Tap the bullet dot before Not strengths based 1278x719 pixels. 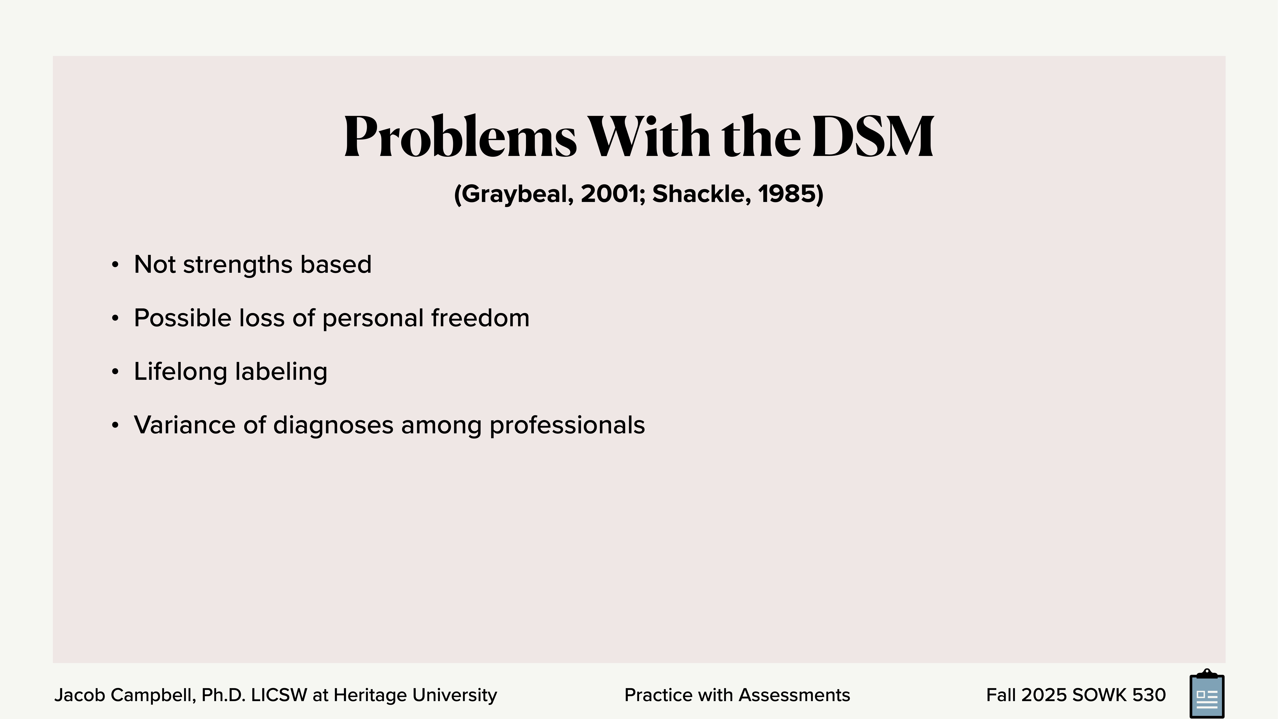(115, 265)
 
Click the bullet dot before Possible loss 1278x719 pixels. (115, 319)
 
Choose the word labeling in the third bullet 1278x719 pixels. (281, 372)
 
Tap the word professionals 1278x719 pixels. (567, 425)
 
